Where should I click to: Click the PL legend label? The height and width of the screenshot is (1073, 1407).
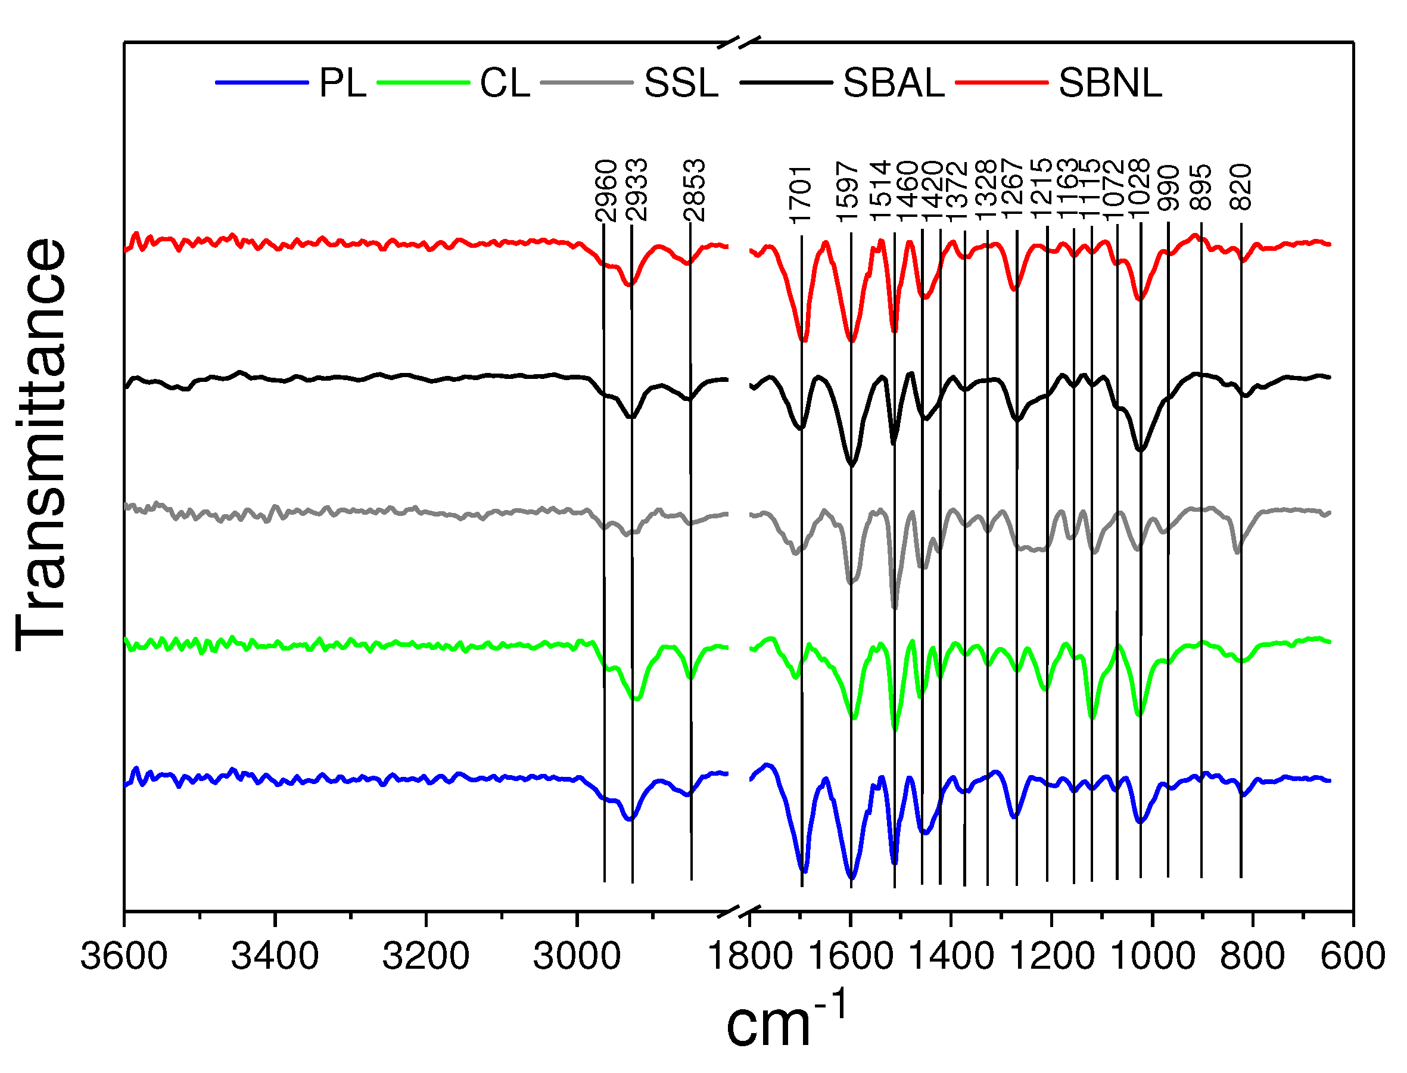343,83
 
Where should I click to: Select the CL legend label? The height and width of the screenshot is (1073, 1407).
505,83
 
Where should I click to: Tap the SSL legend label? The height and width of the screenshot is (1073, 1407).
681,83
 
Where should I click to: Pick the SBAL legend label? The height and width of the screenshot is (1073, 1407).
893,83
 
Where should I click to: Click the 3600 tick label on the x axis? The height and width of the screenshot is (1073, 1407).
124,956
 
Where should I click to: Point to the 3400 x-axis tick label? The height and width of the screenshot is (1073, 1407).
275,956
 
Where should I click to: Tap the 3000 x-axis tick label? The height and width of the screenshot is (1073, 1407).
577,956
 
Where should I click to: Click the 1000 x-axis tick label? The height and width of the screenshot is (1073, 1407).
1152,956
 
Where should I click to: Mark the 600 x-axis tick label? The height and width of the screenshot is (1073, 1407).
1353,956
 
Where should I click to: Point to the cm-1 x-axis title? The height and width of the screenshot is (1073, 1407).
786,1022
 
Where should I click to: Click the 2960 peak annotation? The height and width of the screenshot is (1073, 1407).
605,190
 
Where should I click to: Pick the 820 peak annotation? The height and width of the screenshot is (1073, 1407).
1241,187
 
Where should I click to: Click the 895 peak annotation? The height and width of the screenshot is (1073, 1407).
1201,187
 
